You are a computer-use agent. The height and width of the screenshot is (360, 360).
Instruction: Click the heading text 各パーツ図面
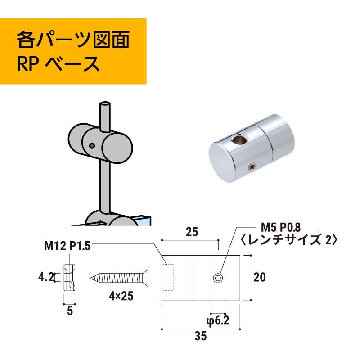pos(73,40)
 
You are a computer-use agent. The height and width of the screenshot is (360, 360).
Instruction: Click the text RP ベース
pos(58,64)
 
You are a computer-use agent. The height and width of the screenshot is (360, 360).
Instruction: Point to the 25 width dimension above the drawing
pos(192,233)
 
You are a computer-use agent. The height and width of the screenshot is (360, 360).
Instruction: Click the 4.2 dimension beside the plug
pos(46,275)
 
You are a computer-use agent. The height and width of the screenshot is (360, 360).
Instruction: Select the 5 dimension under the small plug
pos(70,310)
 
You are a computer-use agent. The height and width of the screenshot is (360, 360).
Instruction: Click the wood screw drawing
pos(119,276)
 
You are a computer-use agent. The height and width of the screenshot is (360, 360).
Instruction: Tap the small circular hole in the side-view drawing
pos(218,278)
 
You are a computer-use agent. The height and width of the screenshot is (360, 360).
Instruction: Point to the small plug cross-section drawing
pos(70,277)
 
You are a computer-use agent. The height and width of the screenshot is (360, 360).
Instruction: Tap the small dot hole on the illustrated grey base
pos(91,146)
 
